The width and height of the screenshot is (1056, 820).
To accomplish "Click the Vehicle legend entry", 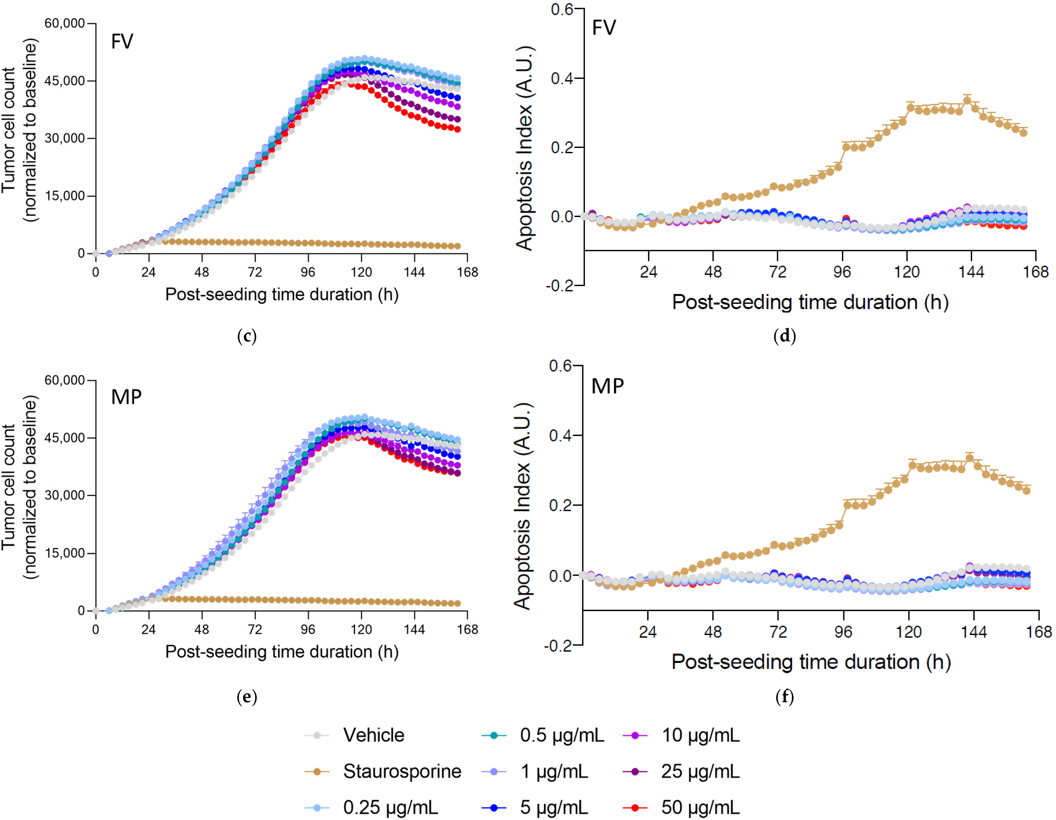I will tap(373, 735).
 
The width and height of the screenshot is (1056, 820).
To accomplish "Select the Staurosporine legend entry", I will tap(402, 771).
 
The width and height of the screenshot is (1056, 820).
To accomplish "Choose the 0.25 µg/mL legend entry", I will tap(390, 807).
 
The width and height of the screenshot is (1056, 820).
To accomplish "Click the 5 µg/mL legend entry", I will tap(554, 807).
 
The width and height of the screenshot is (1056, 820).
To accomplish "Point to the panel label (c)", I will tap(247, 336).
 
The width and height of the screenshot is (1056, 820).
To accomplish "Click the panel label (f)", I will tap(784, 697).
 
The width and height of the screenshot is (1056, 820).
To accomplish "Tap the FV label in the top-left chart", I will tap(122, 42).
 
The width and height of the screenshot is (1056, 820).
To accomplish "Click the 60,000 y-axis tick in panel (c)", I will tap(64, 23).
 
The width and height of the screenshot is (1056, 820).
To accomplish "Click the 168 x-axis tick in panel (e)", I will tap(467, 629).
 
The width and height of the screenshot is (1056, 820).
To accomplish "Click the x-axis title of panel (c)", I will tap(282, 294).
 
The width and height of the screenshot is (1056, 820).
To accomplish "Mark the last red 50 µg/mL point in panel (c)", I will tap(457, 129).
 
